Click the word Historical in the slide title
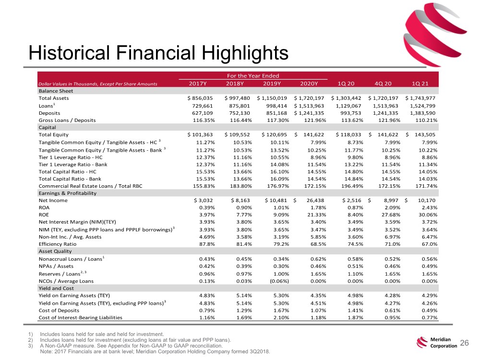pyautogui.click(x=69, y=53)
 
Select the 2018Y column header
pyautogui.click(x=235, y=84)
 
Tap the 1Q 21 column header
pyautogui.click(x=420, y=84)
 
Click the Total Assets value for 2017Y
pyautogui.click(x=200, y=98)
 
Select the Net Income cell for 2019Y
pyautogui.click(x=276, y=201)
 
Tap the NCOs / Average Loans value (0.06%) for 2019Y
pyautogui.click(x=279, y=281)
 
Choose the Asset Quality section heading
pyautogui.click(x=55, y=252)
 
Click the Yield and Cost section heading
pyautogui.click(x=56, y=288)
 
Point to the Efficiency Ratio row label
pyautogui.click(x=58, y=244)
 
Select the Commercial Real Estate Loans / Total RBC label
pyautogui.click(x=90, y=186)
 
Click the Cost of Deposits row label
pyautogui.click(x=59, y=311)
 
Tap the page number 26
pyautogui.click(x=464, y=343)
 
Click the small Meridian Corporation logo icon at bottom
pyautogui.click(x=422, y=342)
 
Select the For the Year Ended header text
pyautogui.click(x=253, y=76)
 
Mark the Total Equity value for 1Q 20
pyautogui.click(x=348, y=135)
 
